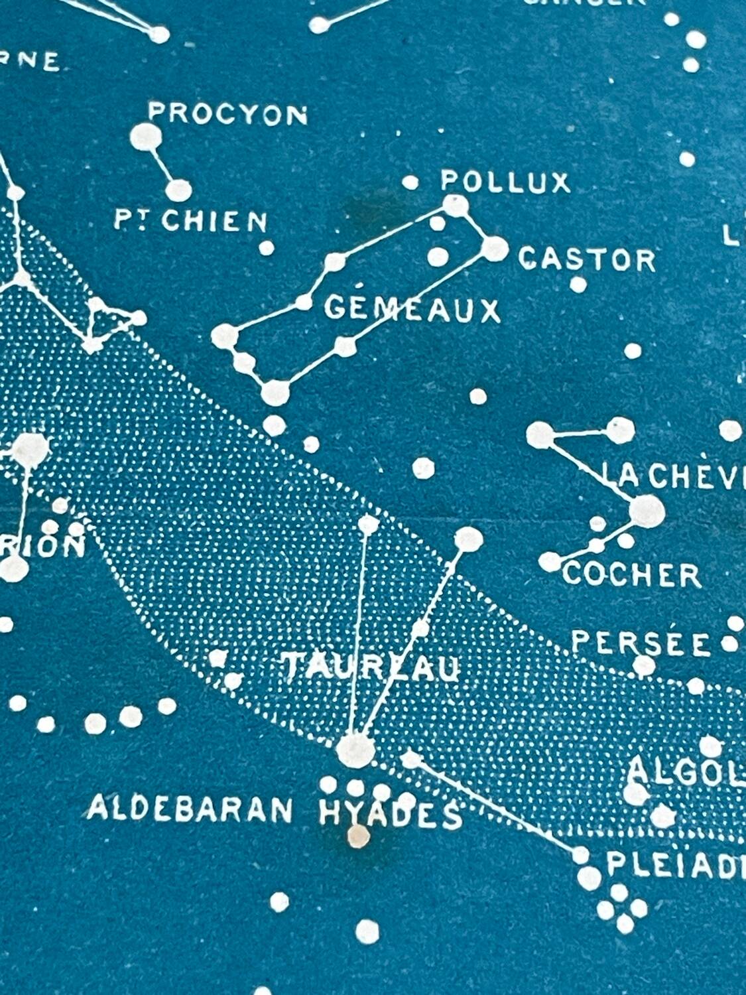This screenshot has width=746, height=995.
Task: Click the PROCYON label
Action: pyautogui.click(x=227, y=114)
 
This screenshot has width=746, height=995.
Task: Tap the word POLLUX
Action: pyautogui.click(x=505, y=182)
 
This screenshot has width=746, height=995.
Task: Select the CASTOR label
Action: pyautogui.click(x=587, y=259)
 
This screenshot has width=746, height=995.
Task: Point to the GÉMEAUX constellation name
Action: pyautogui.click(x=412, y=309)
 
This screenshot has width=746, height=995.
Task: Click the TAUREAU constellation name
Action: pyautogui.click(x=372, y=667)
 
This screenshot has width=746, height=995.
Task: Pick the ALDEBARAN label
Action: pyautogui.click(x=190, y=810)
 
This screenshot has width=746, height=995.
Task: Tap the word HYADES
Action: pyautogui.click(x=390, y=815)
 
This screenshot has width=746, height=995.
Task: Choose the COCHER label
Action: pyautogui.click(x=631, y=575)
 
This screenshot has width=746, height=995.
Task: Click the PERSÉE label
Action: pyautogui.click(x=641, y=642)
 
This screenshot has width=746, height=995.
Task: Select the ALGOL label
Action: pyautogui.click(x=686, y=771)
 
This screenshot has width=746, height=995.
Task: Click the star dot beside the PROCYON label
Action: pyautogui.click(x=145, y=137)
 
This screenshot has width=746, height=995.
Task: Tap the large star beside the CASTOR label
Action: pyautogui.click(x=494, y=249)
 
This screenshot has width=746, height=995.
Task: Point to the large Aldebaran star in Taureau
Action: pyautogui.click(x=355, y=751)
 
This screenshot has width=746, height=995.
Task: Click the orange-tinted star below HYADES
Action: pyautogui.click(x=359, y=836)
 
